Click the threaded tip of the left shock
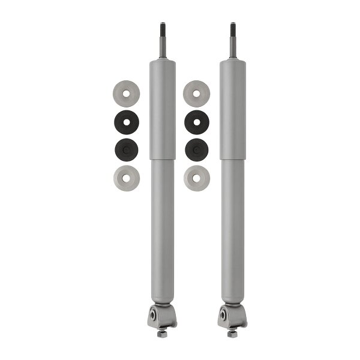click(162, 29)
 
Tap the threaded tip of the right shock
click(232, 29)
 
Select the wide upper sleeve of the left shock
click(162, 108)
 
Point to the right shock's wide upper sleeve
click(232, 108)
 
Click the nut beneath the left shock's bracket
click(162, 333)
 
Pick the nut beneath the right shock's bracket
click(232, 333)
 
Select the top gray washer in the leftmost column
click(126, 94)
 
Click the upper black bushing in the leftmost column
click(126, 122)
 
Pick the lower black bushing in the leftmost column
click(126, 149)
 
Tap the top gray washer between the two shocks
click(197, 94)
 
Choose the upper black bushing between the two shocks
click(197, 122)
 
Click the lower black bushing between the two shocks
click(197, 149)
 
